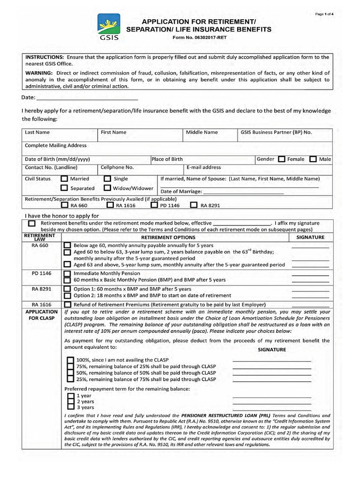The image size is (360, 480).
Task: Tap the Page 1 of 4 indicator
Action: (324, 15)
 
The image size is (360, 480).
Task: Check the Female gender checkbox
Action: (282, 159)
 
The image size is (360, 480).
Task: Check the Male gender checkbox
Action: (313, 159)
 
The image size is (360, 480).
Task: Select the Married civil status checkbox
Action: (64, 179)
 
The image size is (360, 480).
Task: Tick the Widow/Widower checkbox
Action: (107, 188)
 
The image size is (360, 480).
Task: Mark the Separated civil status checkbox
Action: (64, 188)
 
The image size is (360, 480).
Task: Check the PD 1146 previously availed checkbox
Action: (154, 205)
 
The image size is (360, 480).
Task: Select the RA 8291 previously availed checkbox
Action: (194, 205)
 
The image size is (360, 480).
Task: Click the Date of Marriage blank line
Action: (243, 192)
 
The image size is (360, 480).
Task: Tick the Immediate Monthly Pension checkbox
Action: (67, 273)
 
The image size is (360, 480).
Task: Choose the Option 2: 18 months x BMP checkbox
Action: (67, 296)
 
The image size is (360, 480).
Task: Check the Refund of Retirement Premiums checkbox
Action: (67, 305)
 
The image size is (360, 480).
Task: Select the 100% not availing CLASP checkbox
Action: (70, 360)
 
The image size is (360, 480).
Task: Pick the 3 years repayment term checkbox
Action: (70, 407)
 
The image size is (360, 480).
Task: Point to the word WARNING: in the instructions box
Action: (40, 73)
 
